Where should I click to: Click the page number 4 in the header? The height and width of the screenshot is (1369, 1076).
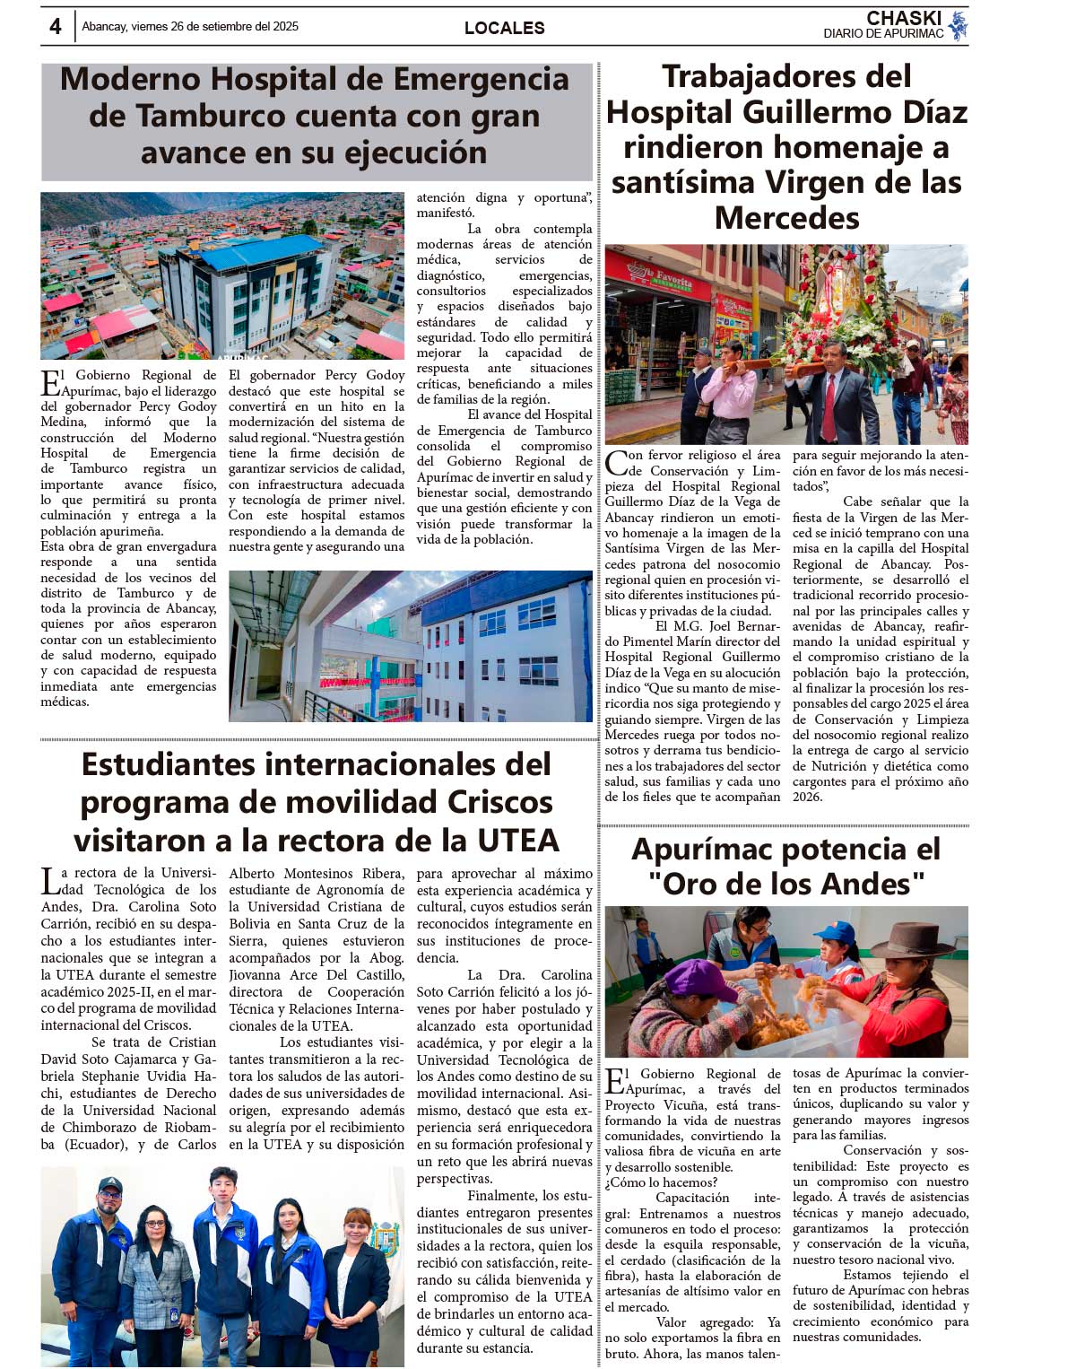[x=56, y=27]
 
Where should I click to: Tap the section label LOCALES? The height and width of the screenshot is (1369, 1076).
[x=504, y=28]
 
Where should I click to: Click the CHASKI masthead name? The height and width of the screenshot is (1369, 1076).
[x=904, y=18]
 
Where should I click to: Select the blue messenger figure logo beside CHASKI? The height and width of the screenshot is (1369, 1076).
[x=958, y=25]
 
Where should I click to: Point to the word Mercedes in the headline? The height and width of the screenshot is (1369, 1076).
[x=786, y=218]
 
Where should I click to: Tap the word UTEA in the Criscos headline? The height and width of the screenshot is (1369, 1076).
[x=517, y=841]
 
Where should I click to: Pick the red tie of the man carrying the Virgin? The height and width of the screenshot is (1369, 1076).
[x=831, y=395]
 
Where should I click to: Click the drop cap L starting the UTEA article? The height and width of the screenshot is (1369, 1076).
[x=50, y=881]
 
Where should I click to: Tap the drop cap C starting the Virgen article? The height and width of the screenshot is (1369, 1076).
[x=616, y=463]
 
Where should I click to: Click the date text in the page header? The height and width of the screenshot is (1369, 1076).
[x=190, y=27]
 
